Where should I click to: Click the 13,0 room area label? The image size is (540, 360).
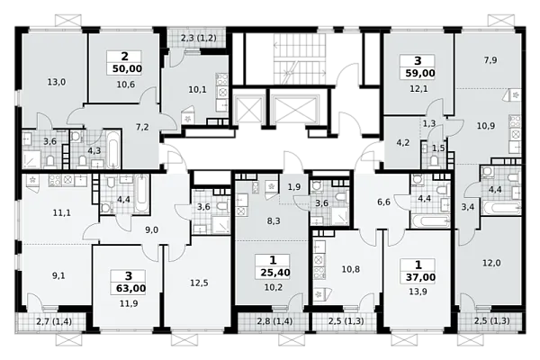(x=57, y=82)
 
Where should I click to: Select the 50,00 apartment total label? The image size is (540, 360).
(x=127, y=69)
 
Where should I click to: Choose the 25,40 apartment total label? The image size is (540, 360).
(x=275, y=273)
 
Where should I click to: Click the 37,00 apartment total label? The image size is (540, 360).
(x=420, y=277)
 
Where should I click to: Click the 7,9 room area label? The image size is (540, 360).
(x=490, y=60)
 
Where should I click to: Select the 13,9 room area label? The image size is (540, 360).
(x=418, y=292)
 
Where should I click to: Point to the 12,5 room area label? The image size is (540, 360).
(x=199, y=283)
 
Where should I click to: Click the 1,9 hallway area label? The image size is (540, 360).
(x=294, y=187)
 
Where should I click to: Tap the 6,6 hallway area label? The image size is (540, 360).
(x=383, y=202)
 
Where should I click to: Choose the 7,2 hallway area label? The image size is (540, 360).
(x=142, y=127)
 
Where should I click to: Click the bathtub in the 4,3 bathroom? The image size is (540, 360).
(x=113, y=148)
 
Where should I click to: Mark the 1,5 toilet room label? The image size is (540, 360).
(x=438, y=148)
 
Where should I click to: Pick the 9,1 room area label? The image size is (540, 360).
(x=58, y=276)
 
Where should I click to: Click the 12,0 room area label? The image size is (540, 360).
(x=491, y=263)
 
